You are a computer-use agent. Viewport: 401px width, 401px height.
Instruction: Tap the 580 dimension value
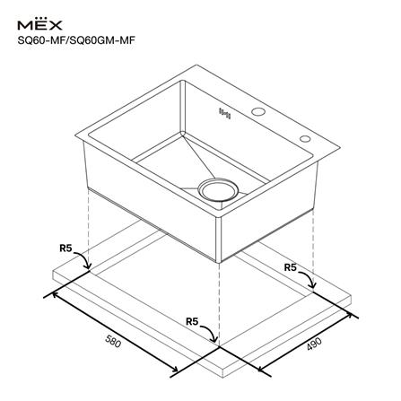pos(113,342)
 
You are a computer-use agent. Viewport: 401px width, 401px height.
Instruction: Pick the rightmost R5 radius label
pos(290,267)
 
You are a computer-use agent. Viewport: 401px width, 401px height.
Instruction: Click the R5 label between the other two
pos(192,321)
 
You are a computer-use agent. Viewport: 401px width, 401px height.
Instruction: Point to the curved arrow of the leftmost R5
pos(83,260)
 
